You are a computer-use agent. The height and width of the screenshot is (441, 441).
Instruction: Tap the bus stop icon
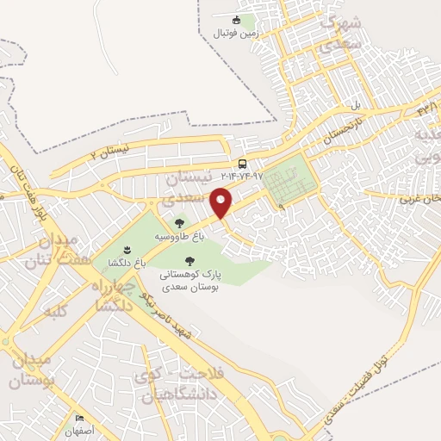coord(242,164)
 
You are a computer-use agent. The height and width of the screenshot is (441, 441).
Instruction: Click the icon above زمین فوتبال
coord(238,20)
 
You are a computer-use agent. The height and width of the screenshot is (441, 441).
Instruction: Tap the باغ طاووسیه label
coord(179,235)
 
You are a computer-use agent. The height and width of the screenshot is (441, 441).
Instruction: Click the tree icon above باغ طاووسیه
coord(179,223)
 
